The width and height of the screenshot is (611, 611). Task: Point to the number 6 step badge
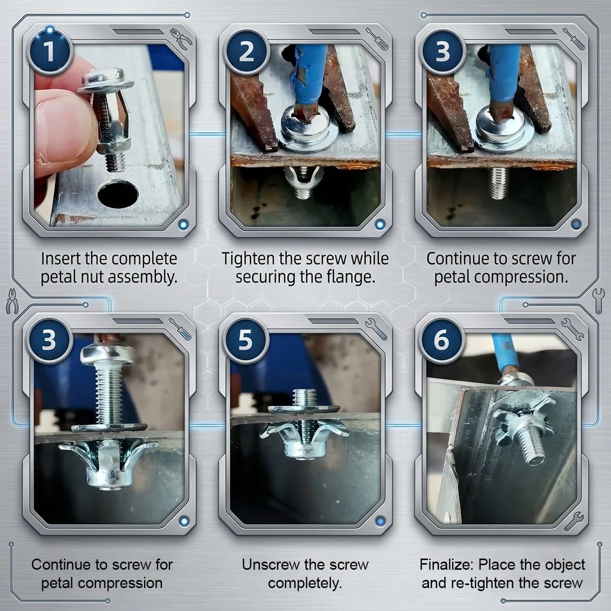click(441, 340)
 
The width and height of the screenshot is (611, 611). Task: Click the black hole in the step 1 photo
click(118, 193)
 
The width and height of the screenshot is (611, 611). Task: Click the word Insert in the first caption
click(62, 259)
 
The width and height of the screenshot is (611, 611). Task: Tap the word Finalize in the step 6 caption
click(447, 565)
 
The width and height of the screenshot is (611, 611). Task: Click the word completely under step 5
click(305, 584)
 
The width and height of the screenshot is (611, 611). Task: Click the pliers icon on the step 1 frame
click(181, 39)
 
